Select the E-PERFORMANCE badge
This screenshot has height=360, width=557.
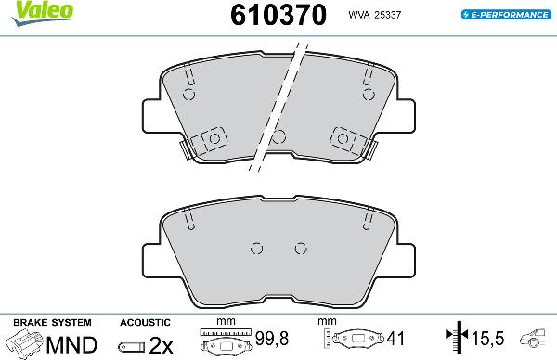(x=506, y=15)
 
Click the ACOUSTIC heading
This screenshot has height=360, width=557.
(x=146, y=321)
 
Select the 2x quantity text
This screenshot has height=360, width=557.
(x=162, y=345)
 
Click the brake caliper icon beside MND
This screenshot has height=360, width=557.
(x=25, y=344)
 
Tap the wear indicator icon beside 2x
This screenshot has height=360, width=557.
(x=131, y=346)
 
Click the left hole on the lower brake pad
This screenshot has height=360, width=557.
(x=258, y=248)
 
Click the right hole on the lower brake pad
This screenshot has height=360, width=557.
(x=299, y=248)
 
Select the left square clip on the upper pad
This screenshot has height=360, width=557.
(x=213, y=138)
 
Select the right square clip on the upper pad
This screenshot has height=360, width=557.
(x=344, y=138)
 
